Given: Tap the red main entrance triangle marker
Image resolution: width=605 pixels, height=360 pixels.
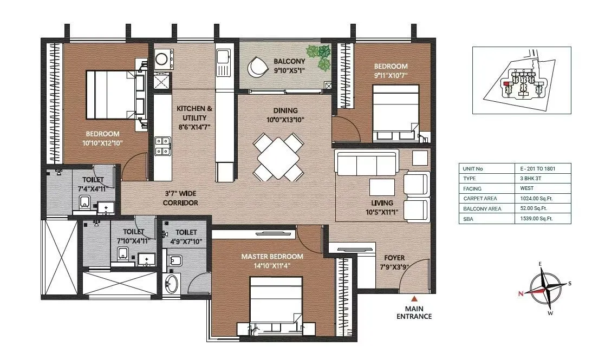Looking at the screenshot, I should point(414,298).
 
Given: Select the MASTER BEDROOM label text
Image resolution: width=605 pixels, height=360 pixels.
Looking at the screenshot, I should point(272,257).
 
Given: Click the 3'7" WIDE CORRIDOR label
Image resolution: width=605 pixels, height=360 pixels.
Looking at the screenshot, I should point(180,198).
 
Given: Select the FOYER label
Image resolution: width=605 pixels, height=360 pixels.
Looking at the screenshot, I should point(394,258).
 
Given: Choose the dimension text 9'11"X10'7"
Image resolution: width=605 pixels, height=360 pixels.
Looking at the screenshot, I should point(389,75).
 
